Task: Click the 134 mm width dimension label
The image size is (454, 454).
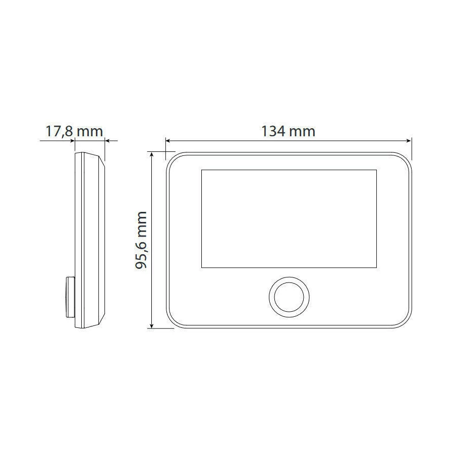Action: click(x=289, y=131)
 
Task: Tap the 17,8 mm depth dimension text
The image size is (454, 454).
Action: click(x=74, y=131)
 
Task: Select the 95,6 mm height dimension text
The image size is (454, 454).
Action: click(x=142, y=240)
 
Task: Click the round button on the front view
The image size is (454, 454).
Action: click(x=289, y=297)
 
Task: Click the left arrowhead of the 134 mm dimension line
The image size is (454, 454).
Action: click(x=167, y=141)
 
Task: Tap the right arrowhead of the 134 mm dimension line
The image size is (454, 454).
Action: click(x=409, y=141)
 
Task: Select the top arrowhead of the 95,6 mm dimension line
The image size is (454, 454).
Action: click(x=151, y=154)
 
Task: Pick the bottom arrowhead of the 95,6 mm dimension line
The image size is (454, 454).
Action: click(x=151, y=326)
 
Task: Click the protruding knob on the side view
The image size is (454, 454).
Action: click(x=70, y=297)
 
